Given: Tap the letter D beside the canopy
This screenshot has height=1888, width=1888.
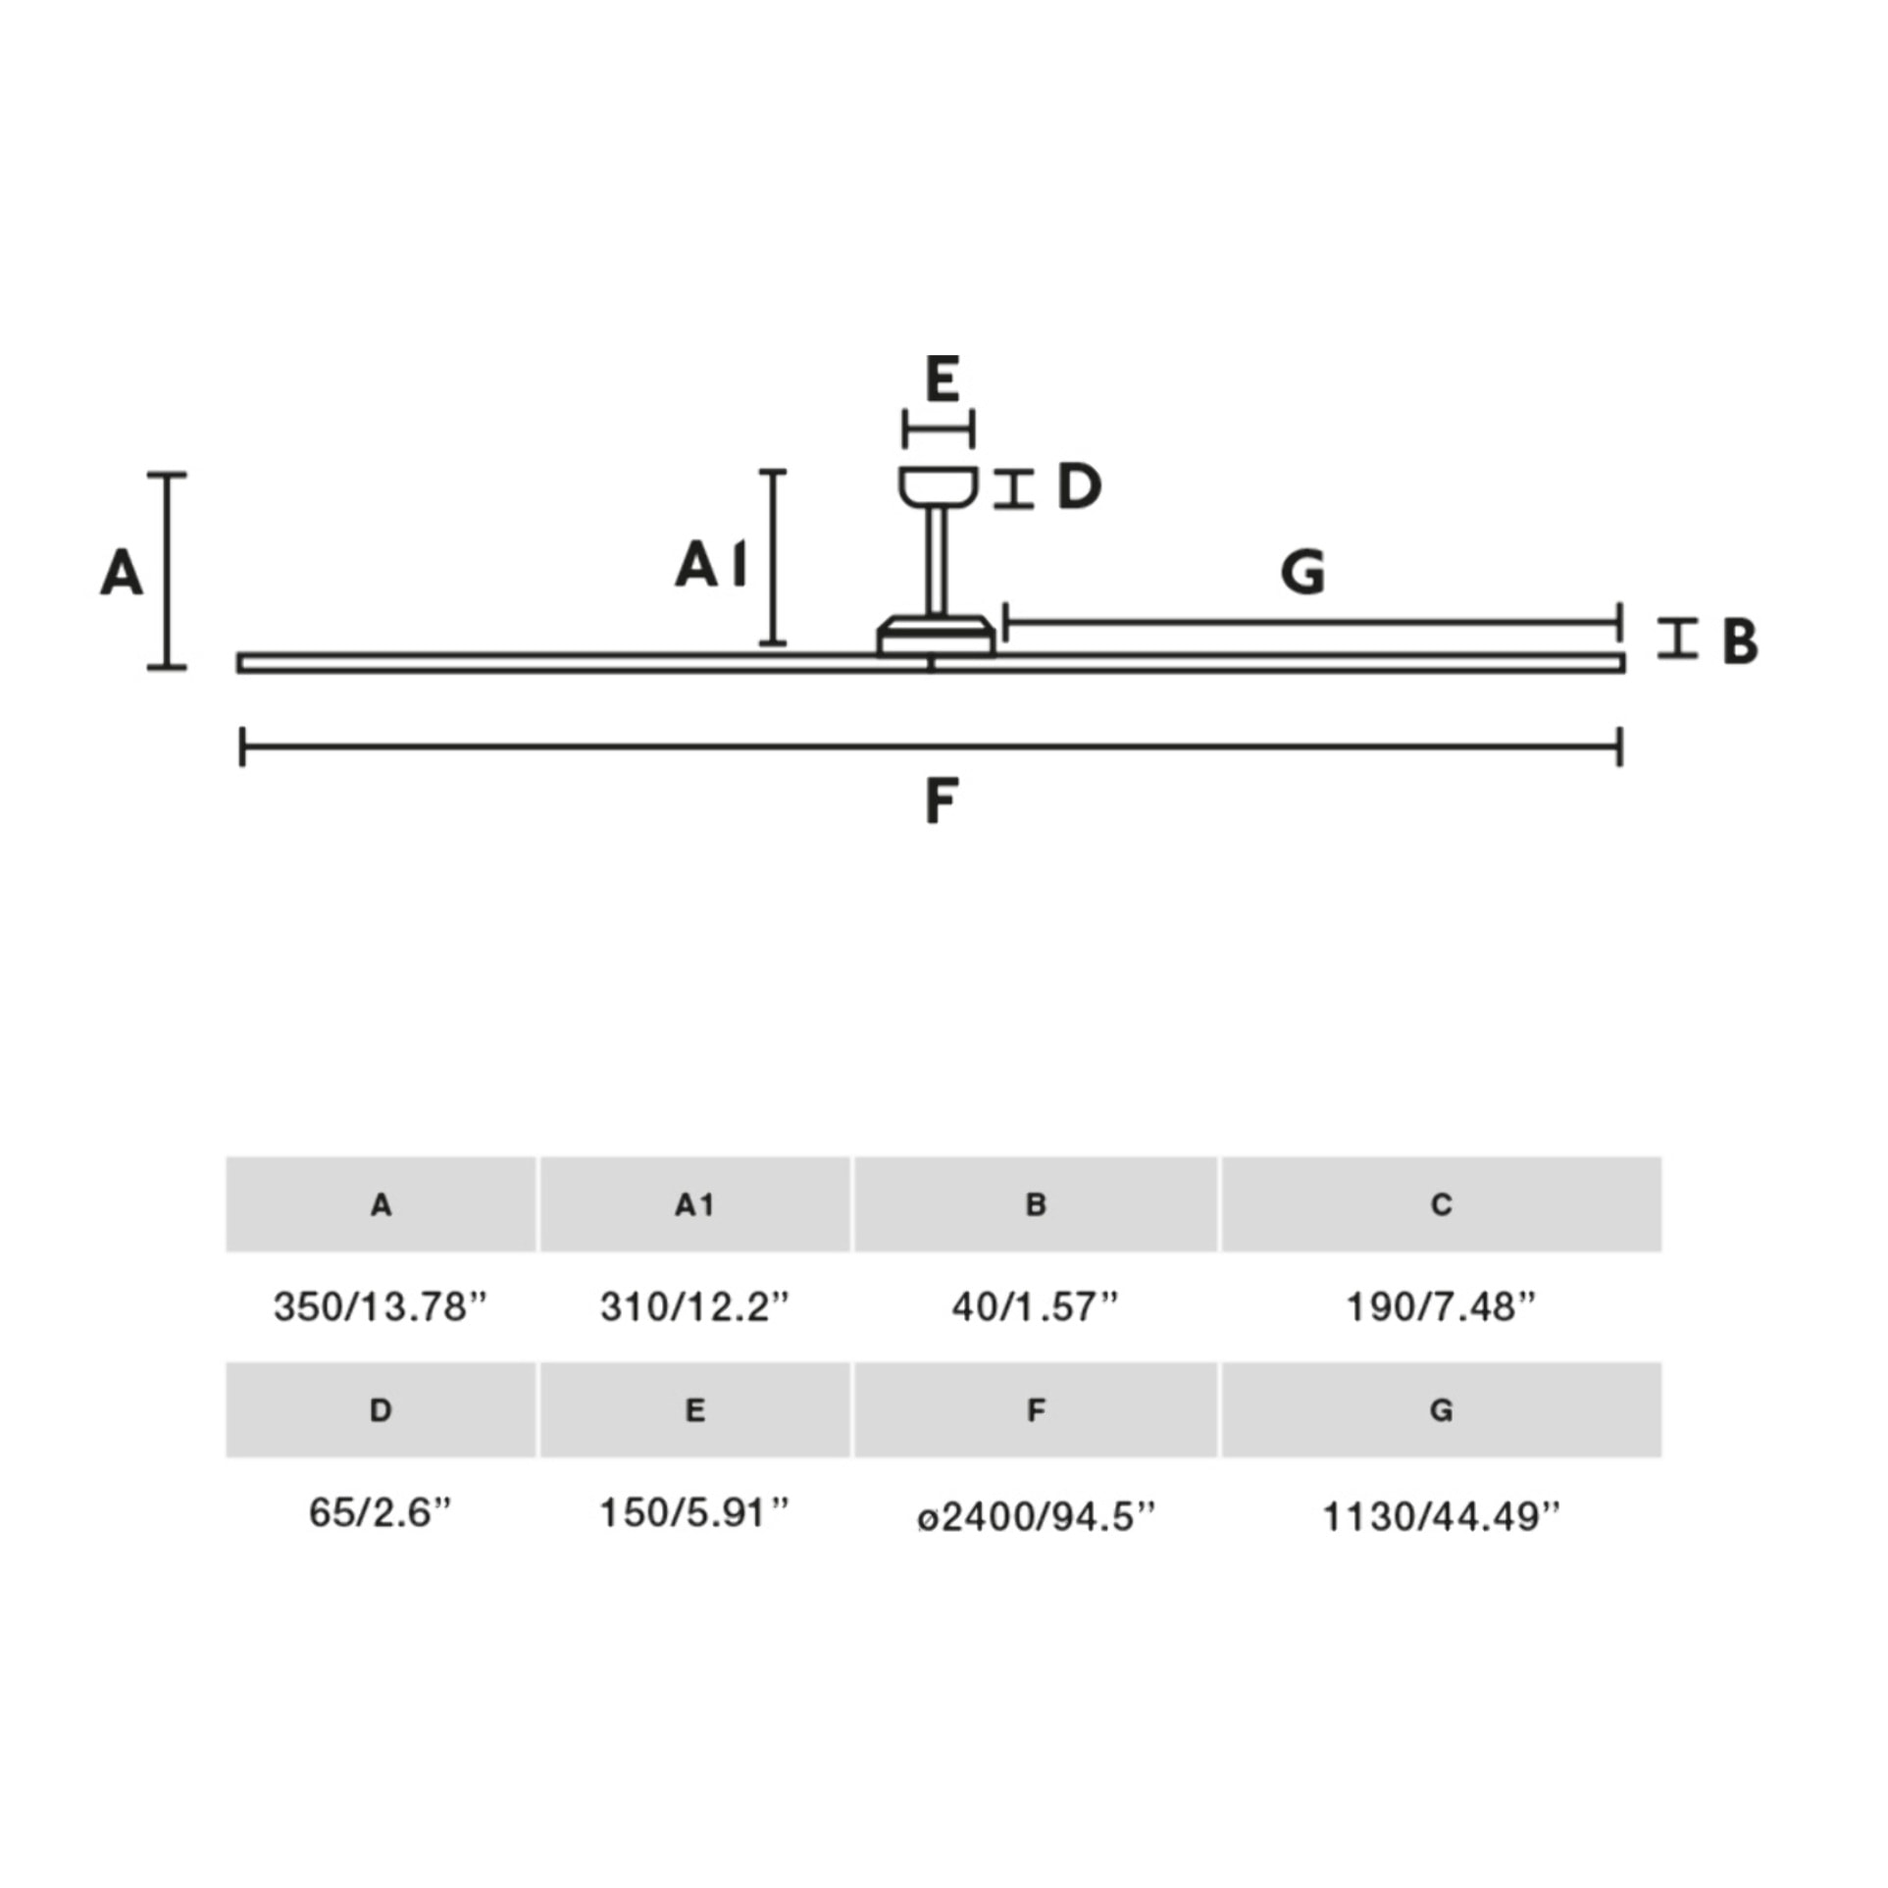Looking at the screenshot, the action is tap(1079, 486).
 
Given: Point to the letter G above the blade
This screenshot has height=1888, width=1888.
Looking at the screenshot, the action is tap(1302, 573).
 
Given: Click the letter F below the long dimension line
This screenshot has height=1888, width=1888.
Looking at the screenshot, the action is tap(941, 801).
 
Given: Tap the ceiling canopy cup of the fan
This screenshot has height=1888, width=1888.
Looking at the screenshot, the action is tap(938, 487).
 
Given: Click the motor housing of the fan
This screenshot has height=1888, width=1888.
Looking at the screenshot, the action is tap(936, 636).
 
